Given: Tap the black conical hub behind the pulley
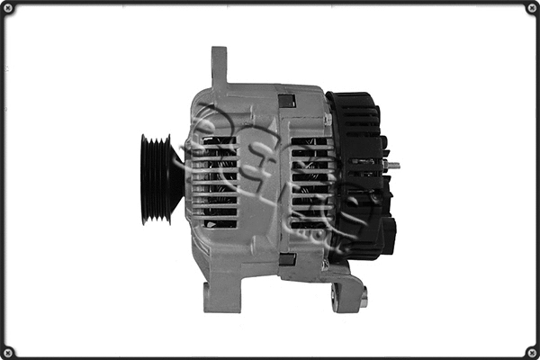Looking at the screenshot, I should (175, 179).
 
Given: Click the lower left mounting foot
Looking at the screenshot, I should (212, 294).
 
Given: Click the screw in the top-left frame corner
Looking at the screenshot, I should (10, 10).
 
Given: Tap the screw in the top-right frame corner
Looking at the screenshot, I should (529, 10).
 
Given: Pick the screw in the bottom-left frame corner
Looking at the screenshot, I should (10, 349).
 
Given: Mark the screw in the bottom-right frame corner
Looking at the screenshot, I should (529, 349).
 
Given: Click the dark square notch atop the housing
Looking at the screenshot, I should (287, 100).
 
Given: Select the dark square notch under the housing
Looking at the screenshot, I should (287, 259).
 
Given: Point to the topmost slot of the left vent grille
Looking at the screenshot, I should (219, 141).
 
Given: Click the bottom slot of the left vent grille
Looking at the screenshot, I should (220, 222).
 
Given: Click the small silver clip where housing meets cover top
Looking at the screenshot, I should (328, 118).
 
